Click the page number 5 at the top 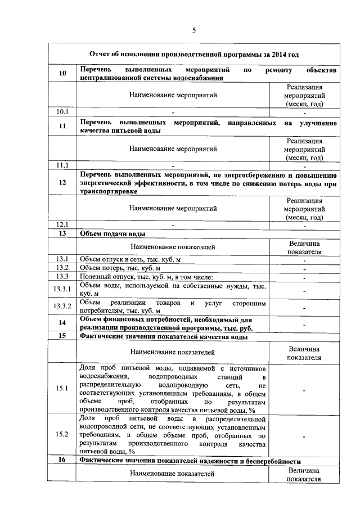pos(194,30)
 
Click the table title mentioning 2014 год pos(194,55)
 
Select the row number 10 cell pos(62,74)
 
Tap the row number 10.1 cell pos(62,112)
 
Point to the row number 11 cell pos(62,127)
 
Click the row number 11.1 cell pos(62,165)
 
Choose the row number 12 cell pos(62,183)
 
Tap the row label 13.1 pos(62,259)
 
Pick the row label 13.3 pos(62,277)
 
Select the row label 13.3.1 pos(62,290)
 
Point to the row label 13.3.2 pos(62,307)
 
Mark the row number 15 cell pos(62,336)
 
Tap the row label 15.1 pos(62,389)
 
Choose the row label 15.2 pos(62,435)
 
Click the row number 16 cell pos(62,460)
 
